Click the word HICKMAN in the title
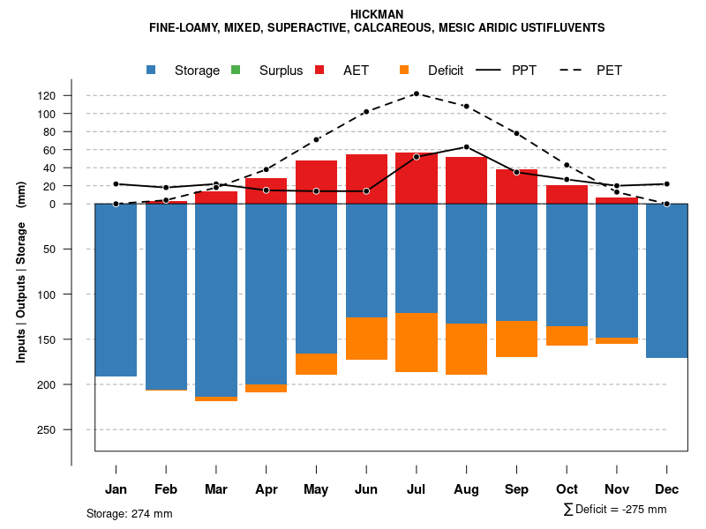(377, 14)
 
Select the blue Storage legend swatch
(152, 70)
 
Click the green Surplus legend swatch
(236, 70)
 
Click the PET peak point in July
(416, 93)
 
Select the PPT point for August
(466, 147)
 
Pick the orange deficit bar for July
(416, 342)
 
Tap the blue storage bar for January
(116, 290)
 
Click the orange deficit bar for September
(516, 339)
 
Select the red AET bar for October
(567, 194)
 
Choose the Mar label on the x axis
(215, 489)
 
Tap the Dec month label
(666, 489)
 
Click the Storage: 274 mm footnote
(129, 513)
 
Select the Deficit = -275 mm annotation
(615, 510)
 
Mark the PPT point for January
(116, 184)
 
